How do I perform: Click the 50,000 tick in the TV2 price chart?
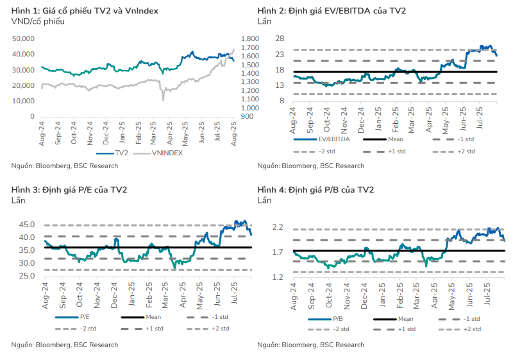(23, 39)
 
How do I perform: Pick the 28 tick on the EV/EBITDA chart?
(280, 39)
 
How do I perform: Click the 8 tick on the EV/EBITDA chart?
(281, 101)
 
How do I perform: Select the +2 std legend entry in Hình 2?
(466, 151)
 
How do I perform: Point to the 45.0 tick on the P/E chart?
(27, 225)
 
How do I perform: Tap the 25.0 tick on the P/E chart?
(27, 276)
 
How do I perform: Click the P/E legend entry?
(83, 318)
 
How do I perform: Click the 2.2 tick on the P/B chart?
(278, 227)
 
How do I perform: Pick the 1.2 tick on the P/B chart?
(278, 277)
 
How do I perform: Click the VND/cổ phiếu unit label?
(35, 22)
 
